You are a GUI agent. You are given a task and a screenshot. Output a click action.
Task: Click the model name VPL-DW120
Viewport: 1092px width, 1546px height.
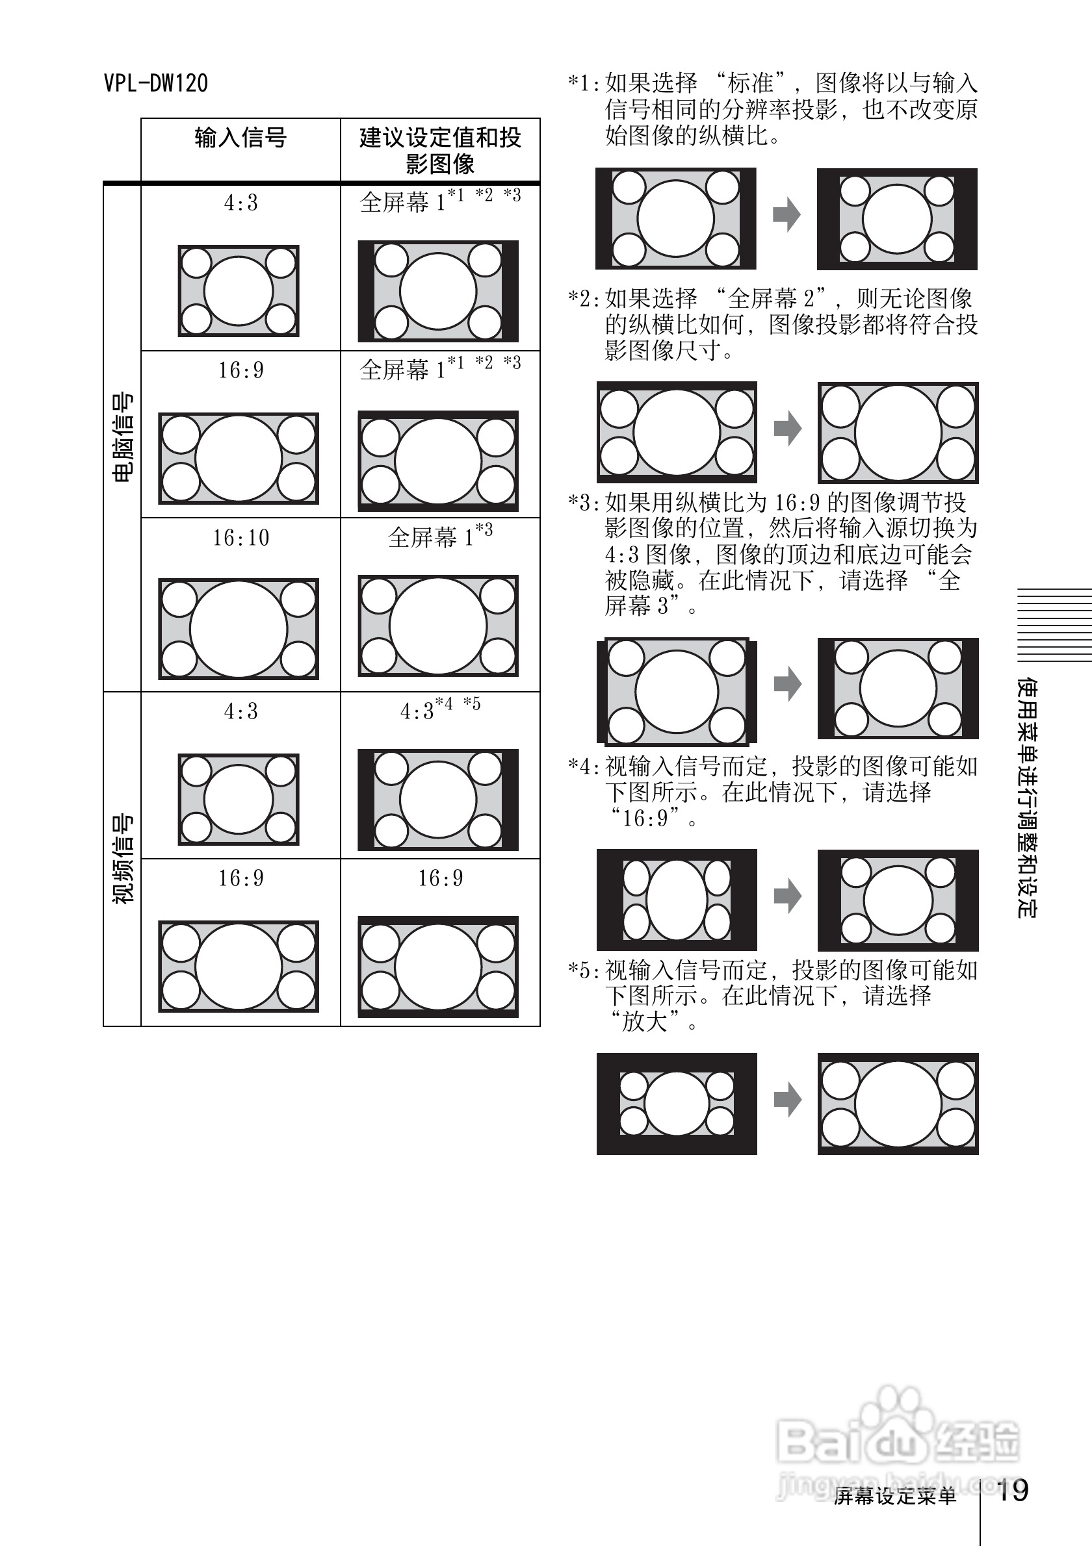[x=155, y=84]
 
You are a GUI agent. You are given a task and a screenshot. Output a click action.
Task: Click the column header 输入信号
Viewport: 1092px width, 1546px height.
[x=240, y=138]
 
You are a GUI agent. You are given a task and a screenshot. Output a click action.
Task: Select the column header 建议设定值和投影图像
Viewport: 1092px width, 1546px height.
[x=440, y=150]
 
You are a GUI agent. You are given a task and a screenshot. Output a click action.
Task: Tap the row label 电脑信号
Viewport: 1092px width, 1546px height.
[x=122, y=437]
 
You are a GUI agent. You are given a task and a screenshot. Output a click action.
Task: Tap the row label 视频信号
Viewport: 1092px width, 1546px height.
[x=122, y=859]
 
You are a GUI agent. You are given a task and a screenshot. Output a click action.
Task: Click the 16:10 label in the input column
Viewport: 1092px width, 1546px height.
[x=240, y=538]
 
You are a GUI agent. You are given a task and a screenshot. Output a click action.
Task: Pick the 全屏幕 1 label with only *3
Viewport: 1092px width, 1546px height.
[x=439, y=537]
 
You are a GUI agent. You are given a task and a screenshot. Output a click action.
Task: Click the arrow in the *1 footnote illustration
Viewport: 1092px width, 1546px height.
[x=786, y=216]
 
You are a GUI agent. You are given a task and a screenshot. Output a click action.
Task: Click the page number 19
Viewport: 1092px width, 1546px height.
[x=1012, y=1490]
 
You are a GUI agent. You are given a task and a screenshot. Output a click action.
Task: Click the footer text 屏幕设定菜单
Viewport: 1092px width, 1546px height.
[x=894, y=1496]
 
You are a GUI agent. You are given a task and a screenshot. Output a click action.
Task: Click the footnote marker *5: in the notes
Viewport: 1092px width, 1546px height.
[x=584, y=971]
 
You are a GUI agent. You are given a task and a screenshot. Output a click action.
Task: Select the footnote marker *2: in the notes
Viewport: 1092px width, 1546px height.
[x=584, y=298]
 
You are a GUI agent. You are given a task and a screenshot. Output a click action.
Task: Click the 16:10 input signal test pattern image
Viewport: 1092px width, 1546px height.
[x=239, y=628]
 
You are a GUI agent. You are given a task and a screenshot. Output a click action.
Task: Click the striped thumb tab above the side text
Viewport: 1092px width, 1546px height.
[x=1053, y=626]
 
